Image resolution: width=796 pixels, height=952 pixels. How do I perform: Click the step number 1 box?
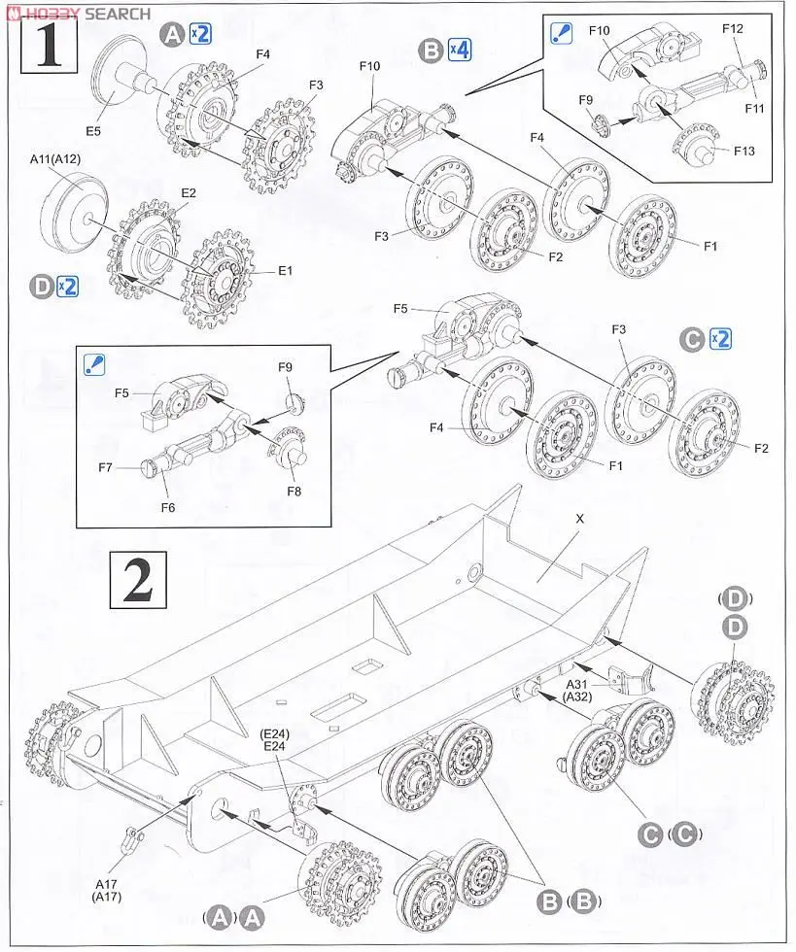[x=47, y=45]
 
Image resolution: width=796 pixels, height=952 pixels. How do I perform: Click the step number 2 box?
[x=137, y=579]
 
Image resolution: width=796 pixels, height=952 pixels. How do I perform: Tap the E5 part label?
[x=92, y=129]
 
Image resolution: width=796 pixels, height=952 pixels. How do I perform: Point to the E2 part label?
[x=188, y=193]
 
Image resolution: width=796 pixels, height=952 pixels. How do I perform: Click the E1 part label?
[x=285, y=271]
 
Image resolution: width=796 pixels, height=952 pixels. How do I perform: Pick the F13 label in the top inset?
[x=744, y=151]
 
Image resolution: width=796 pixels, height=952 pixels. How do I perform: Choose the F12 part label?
[x=733, y=30]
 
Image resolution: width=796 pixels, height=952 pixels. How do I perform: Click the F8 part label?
[x=294, y=491]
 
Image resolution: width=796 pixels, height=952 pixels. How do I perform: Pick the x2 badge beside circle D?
[x=67, y=287]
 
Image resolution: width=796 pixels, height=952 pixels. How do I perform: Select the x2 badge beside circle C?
[x=720, y=339]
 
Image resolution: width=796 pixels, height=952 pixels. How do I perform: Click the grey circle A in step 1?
[x=174, y=36]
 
